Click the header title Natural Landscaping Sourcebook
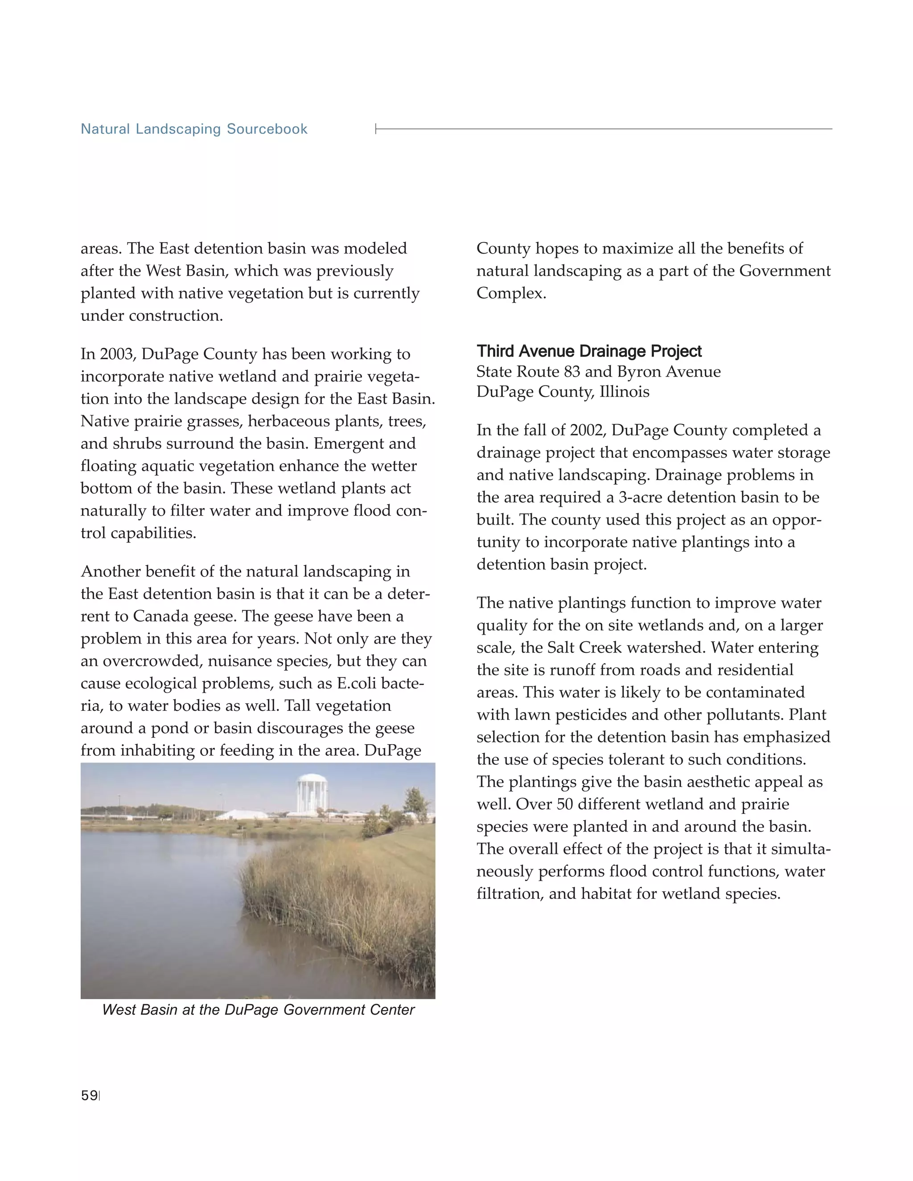coord(193,129)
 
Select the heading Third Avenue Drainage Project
coord(588,352)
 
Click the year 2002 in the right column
coord(588,431)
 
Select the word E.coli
coord(357,684)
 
